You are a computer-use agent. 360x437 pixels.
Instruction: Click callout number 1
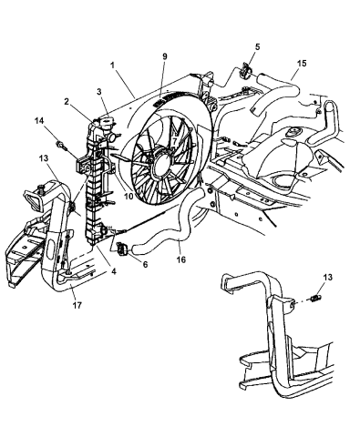coord(112,65)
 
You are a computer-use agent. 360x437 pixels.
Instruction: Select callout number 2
coord(67,102)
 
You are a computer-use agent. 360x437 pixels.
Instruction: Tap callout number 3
coord(99,92)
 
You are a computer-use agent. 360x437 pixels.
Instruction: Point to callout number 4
coord(114,271)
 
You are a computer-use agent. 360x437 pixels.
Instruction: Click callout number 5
coord(258,46)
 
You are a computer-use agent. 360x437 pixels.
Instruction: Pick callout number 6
coord(145,265)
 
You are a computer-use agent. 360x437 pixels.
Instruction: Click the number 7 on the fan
coord(174,141)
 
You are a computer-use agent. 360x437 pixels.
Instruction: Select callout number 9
coord(165,56)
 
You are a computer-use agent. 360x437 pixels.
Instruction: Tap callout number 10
coord(129,197)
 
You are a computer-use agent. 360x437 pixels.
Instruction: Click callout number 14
coord(39,120)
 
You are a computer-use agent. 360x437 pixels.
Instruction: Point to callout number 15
coord(302,64)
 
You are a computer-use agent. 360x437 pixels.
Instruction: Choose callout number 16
coord(181,259)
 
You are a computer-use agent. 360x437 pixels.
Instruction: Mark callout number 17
coord(77,305)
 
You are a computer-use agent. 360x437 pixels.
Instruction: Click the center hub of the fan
coord(163,165)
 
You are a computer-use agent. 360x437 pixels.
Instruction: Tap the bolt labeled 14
coord(62,145)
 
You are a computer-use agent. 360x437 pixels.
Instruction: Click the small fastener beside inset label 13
coord(316,298)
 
